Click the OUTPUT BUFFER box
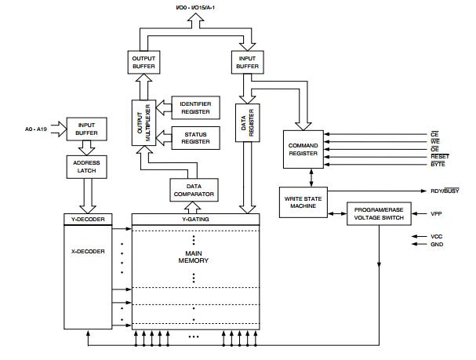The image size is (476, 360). (144, 62)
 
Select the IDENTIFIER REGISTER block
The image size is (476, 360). (195, 107)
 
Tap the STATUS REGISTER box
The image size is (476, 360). (195, 138)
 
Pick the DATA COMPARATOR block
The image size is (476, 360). (194, 190)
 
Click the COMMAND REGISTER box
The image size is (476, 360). (303, 149)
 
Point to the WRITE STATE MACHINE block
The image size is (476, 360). (303, 202)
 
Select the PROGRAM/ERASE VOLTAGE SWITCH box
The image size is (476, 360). (379, 213)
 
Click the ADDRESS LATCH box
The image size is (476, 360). (86, 166)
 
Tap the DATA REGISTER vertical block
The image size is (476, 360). (248, 123)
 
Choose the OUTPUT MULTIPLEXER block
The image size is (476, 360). (144, 122)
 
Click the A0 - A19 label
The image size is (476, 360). (36, 129)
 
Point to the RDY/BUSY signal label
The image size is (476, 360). (445, 191)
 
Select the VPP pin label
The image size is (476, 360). (436, 213)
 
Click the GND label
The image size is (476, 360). (437, 245)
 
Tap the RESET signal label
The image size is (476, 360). (440, 157)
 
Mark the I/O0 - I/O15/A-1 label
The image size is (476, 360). (195, 7)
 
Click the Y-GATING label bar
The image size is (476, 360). (195, 219)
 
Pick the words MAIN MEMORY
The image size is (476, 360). (194, 256)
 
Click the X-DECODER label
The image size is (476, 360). (88, 251)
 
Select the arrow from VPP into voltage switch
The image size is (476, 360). (419, 213)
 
